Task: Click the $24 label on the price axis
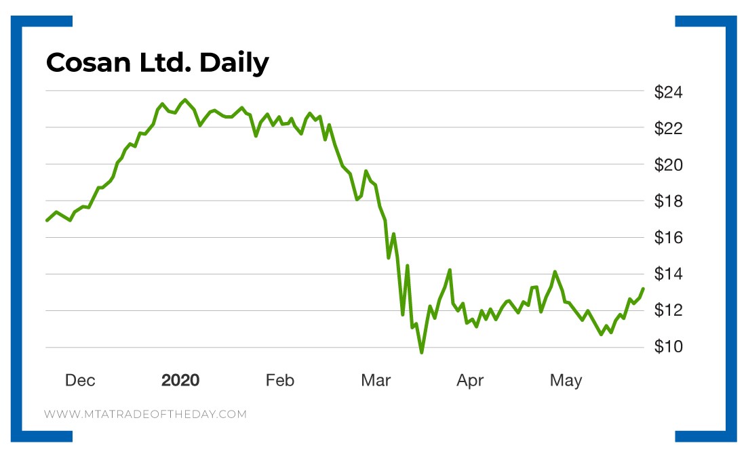pos(668,91)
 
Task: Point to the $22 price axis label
pos(668,128)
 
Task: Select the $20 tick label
pos(668,165)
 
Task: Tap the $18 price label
pos(668,201)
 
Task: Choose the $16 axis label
pos(668,238)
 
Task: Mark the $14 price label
pos(668,274)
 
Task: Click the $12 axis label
pos(668,311)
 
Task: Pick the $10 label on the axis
pos(668,348)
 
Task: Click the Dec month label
pos(80,381)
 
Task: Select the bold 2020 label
pos(180,381)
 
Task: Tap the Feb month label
pos(279,381)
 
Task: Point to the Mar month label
pos(376,381)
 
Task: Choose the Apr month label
pos(470,381)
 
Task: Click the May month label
pos(566,381)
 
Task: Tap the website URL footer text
pos(146,414)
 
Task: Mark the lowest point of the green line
pos(421,352)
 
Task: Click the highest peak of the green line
pos(185,100)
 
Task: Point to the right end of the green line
pos(643,289)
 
